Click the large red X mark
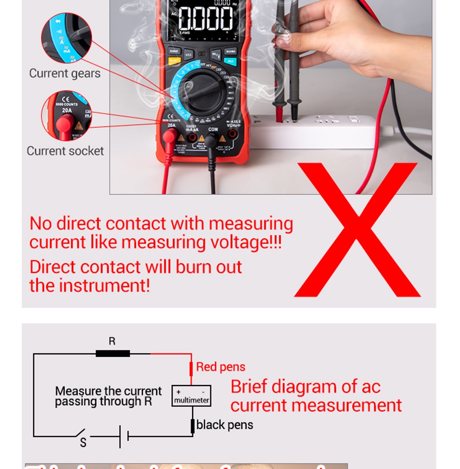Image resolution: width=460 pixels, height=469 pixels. tap(357, 230)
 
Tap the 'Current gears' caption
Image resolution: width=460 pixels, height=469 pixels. tap(65, 73)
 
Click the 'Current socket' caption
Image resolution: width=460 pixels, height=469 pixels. tap(65, 151)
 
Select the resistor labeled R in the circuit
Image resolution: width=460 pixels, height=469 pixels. tap(113, 354)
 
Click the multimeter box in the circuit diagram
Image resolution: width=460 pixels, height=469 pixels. tap(191, 396)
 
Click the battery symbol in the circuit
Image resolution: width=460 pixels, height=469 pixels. tap(124, 436)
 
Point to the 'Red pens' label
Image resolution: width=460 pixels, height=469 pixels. tap(220, 367)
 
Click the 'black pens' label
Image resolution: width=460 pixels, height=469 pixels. tap(224, 425)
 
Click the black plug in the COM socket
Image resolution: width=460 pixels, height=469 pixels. tap(211, 142)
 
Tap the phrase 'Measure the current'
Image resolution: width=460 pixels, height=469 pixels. tap(108, 391)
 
